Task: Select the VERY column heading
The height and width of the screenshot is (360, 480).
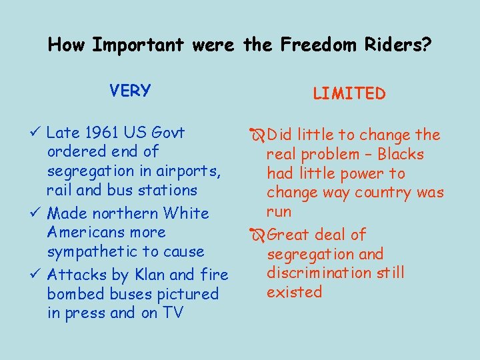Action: [x=131, y=90]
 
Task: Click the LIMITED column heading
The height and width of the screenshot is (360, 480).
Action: [x=349, y=94]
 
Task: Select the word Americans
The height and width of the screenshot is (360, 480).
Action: [x=89, y=232]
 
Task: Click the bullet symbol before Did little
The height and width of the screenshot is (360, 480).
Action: [x=257, y=135]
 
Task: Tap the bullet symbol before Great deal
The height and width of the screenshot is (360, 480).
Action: [x=257, y=235]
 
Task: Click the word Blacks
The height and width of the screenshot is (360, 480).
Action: [x=401, y=155]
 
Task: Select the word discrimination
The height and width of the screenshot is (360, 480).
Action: [x=311, y=273]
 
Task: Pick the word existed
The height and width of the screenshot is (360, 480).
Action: [x=294, y=292]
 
